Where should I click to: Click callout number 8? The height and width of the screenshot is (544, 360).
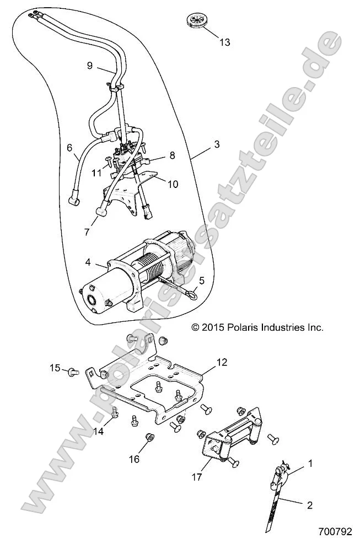pyautogui.click(x=173, y=156)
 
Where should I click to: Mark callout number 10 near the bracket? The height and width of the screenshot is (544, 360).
pyautogui.click(x=173, y=184)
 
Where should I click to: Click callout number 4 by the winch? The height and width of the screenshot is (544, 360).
pyautogui.click(x=88, y=263)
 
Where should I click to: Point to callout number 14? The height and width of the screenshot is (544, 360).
pyautogui.click(x=98, y=432)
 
